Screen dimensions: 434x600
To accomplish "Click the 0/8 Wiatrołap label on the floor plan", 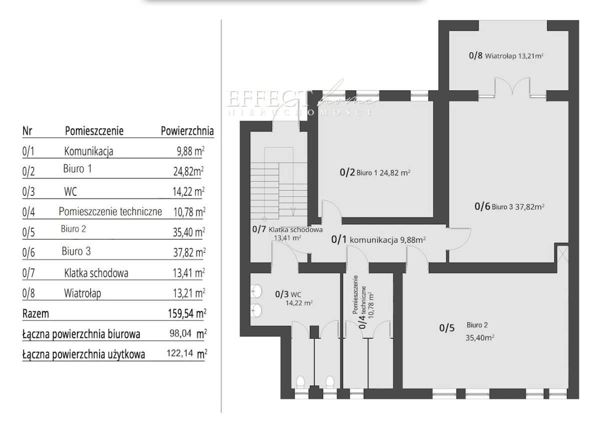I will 505,56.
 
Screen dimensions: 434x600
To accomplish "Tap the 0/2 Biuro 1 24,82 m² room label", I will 375,173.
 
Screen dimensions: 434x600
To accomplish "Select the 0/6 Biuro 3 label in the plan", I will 509,206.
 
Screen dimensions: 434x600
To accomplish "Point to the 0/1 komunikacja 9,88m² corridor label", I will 378,240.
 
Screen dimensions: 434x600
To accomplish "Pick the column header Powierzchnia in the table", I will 187,131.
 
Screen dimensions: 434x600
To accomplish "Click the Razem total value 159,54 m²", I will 187,314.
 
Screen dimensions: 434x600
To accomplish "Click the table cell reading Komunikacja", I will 88,151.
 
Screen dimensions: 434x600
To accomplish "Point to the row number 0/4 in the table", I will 28,212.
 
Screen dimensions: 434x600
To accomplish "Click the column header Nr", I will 27,131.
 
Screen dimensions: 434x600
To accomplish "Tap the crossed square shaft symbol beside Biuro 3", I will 562,254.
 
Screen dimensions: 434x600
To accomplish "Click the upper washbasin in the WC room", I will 257,290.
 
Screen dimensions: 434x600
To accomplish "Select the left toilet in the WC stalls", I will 300,383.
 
